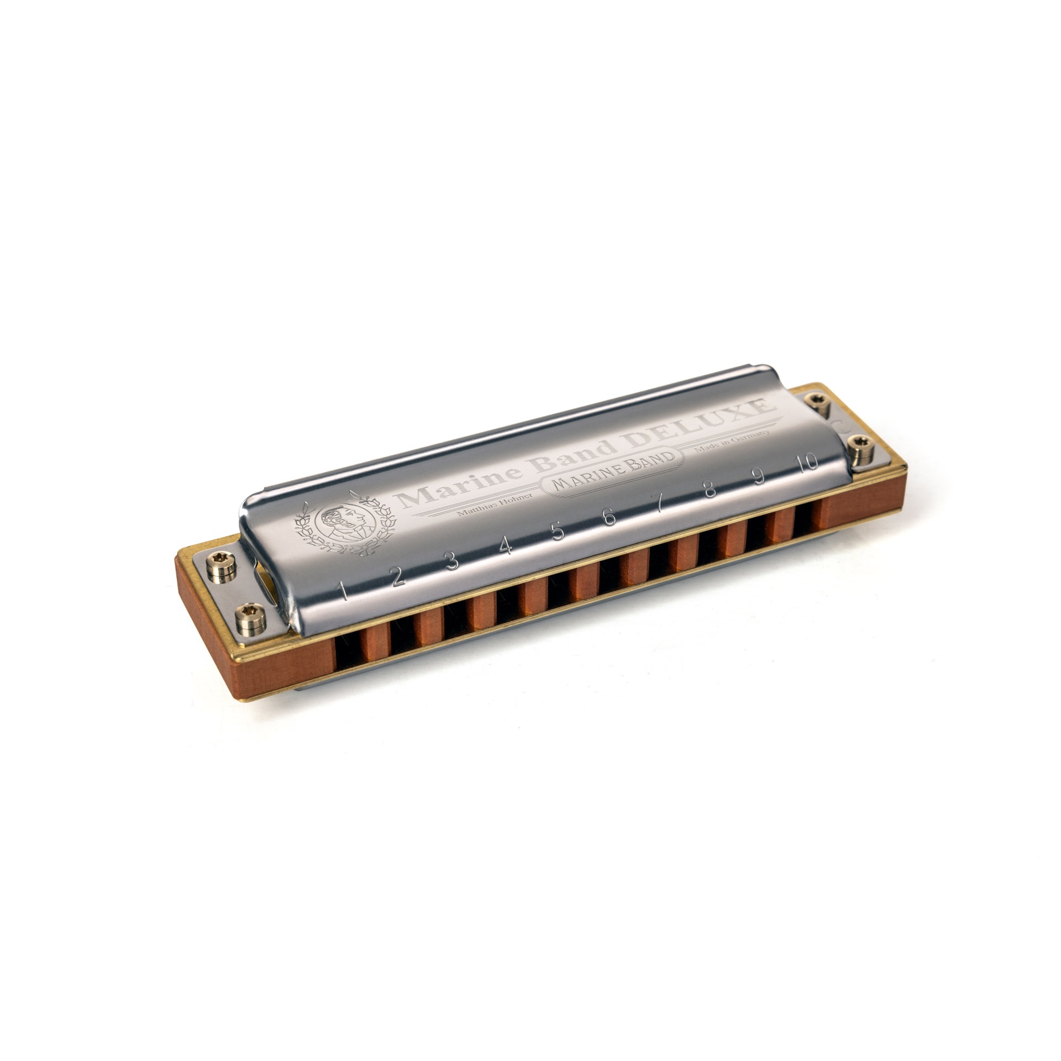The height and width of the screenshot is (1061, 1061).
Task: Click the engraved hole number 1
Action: click(344, 592)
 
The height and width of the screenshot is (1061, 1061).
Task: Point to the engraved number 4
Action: click(505, 547)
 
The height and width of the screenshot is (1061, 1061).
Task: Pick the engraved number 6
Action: click(609, 518)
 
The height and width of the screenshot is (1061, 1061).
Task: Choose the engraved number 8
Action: click(710, 490)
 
